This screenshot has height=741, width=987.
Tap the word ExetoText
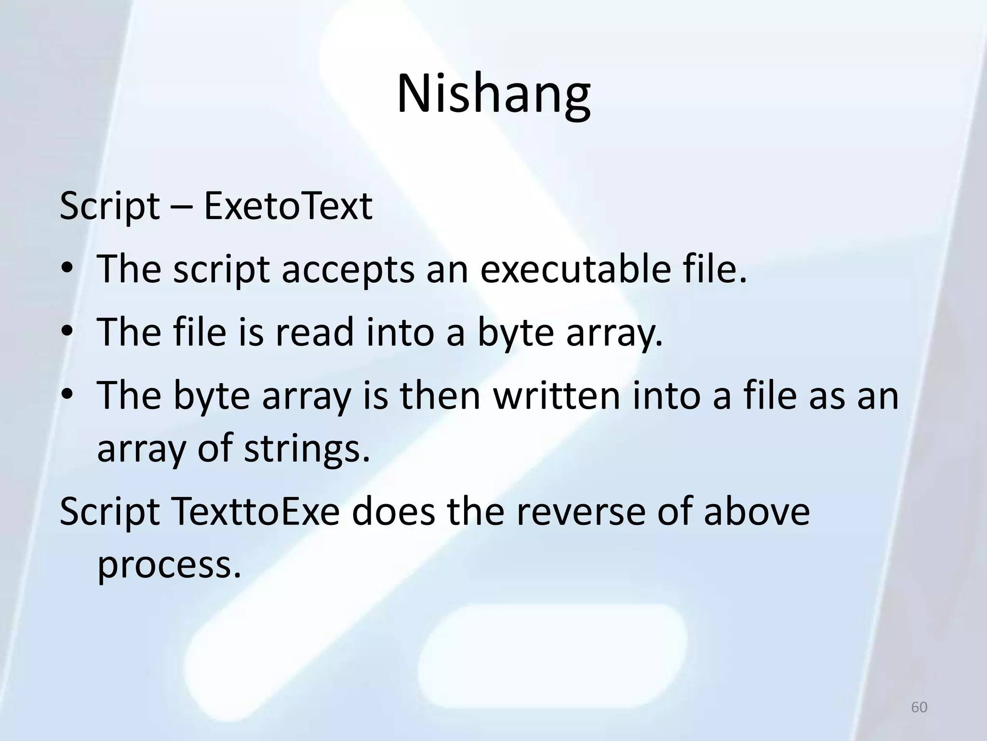(288, 206)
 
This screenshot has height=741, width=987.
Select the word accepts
(348, 270)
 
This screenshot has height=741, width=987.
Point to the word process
(169, 565)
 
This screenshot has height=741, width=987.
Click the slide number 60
(919, 707)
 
